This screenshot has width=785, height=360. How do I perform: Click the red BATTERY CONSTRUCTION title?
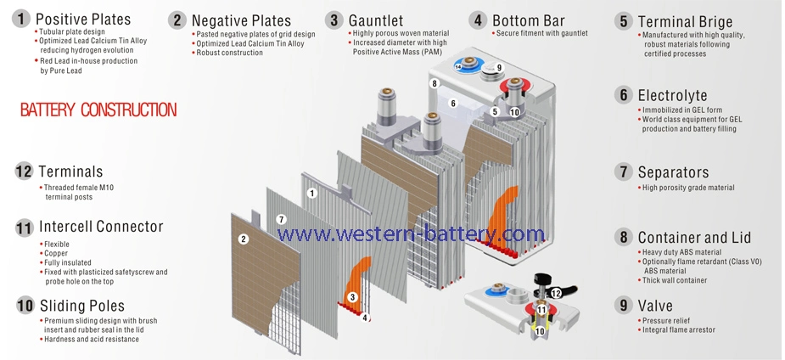pyautogui.click(x=98, y=110)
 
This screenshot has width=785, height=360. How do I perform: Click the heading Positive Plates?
pyautogui.click(x=83, y=19)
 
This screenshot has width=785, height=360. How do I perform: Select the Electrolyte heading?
pyautogui.click(x=672, y=96)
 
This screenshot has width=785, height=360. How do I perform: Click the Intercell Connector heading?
pyautogui.click(x=101, y=227)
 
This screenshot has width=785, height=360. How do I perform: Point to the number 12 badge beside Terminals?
pyautogui.click(x=24, y=172)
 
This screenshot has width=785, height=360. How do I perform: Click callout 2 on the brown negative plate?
pyautogui.click(x=243, y=239)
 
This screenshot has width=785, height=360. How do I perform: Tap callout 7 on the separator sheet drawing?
pyautogui.click(x=282, y=220)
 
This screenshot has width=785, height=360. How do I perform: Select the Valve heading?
pyautogui.click(x=655, y=306)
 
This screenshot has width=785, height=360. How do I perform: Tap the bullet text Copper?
pyautogui.click(x=57, y=253)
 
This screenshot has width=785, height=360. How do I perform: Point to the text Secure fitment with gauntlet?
pyautogui.click(x=541, y=33)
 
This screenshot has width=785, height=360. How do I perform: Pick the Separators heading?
pyautogui.click(x=673, y=172)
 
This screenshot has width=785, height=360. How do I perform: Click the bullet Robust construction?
pyautogui.click(x=229, y=53)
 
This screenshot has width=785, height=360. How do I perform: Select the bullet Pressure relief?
pyautogui.click(x=667, y=320)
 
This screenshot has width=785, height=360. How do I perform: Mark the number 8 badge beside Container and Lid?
pyautogui.click(x=624, y=238)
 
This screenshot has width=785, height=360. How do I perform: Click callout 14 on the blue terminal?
pyautogui.click(x=458, y=66)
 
